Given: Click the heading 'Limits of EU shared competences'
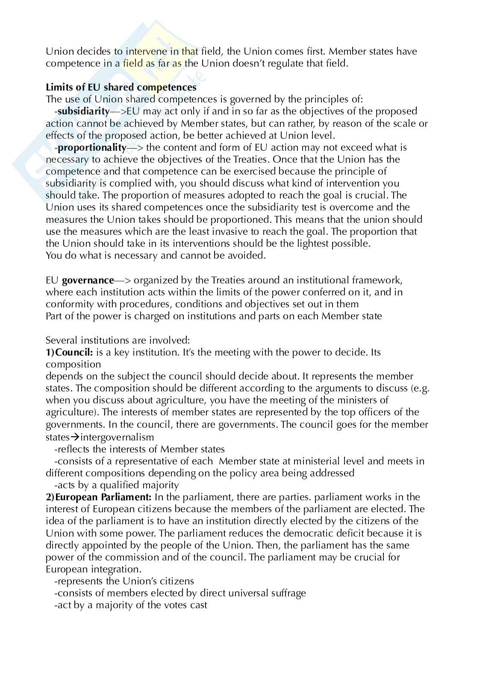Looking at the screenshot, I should point(121,88).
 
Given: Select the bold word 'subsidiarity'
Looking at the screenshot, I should point(83,111).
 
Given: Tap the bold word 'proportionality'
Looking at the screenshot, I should point(91,148).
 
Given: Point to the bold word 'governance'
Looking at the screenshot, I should point(88,280).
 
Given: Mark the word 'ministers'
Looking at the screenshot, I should point(368,400).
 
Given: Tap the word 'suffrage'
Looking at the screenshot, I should point(288,593).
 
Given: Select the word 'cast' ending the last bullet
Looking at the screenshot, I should point(199,605).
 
